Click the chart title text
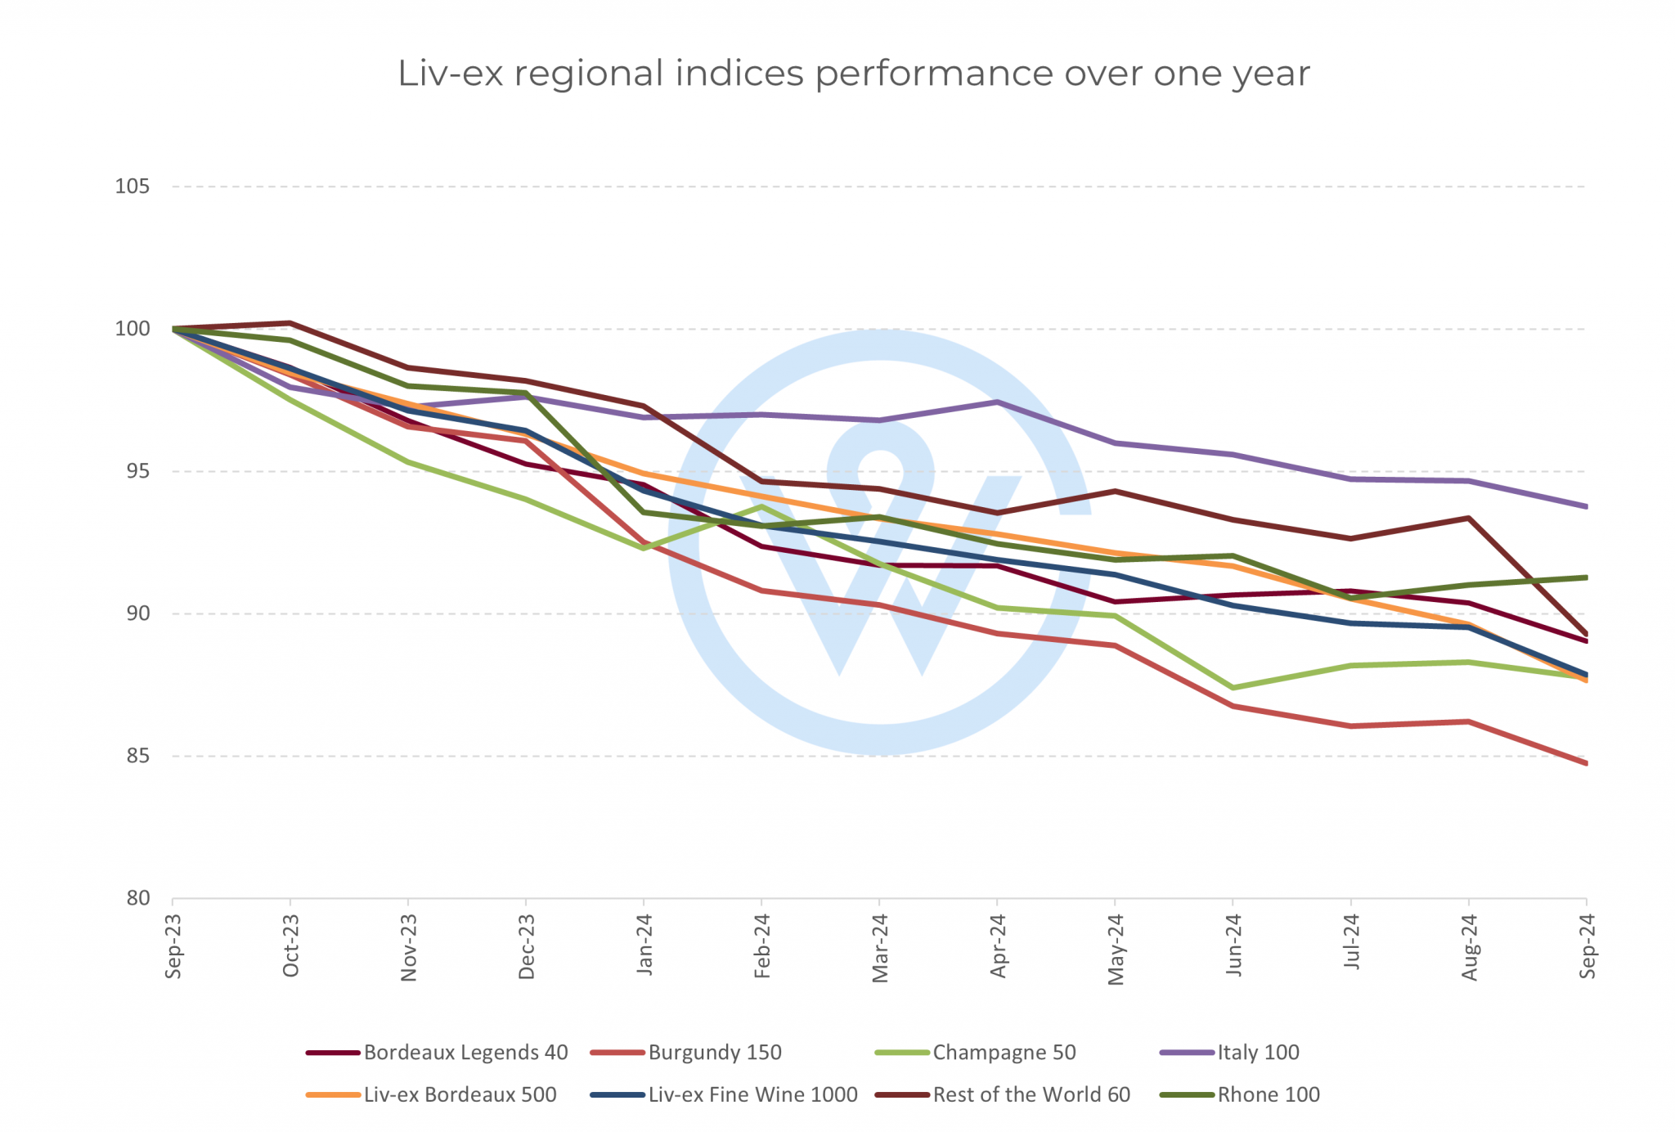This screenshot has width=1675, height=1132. click(853, 74)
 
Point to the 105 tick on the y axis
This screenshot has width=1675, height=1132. click(132, 186)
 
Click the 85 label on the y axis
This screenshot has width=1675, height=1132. click(132, 756)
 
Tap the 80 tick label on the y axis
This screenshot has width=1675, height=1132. click(132, 898)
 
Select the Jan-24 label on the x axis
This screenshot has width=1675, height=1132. click(644, 946)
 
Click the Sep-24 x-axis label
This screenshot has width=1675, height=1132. click(1587, 946)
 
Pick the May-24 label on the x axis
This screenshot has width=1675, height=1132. click(1116, 949)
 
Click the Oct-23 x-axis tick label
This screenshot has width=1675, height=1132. click(290, 946)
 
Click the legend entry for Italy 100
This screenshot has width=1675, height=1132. click(1258, 1053)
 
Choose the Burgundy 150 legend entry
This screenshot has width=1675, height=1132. click(714, 1053)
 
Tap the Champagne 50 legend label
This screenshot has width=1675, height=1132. click(1004, 1053)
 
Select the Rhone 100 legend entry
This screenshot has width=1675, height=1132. click(1268, 1095)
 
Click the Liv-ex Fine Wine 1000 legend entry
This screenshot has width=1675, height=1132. click(752, 1095)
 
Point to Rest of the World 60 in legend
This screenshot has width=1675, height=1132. click(1031, 1095)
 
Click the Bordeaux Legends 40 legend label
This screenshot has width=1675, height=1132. click(465, 1053)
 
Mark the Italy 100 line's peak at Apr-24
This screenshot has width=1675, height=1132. click(998, 402)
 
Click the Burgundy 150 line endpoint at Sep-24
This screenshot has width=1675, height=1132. click(1586, 763)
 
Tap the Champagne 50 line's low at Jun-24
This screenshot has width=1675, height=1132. click(1233, 688)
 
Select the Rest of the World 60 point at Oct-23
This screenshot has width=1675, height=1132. click(290, 323)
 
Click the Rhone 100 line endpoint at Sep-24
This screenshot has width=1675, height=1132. click(1586, 577)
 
